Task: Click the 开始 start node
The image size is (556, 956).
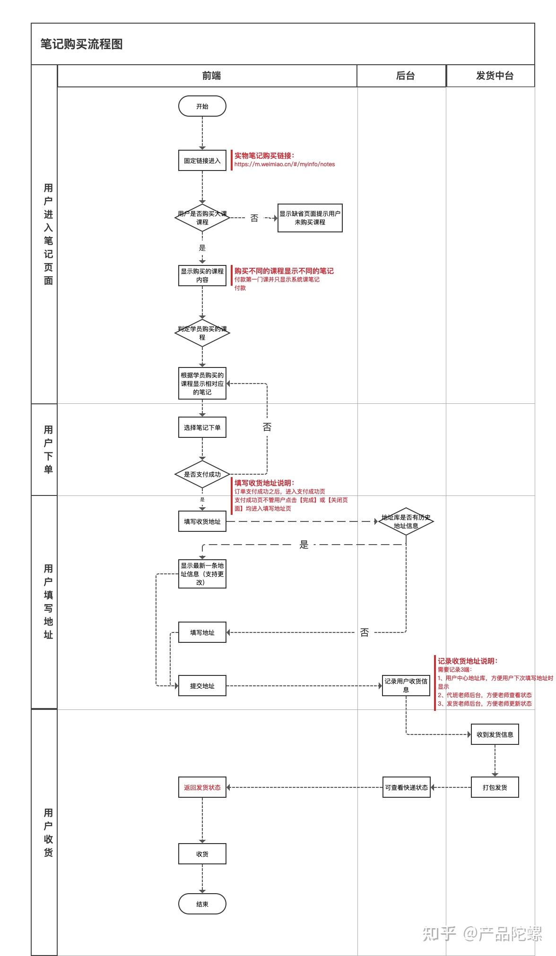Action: [x=202, y=106]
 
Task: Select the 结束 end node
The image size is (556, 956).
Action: [x=202, y=904]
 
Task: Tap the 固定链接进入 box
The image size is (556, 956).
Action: [x=202, y=161]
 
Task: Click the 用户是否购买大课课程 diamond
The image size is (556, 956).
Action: [x=202, y=218]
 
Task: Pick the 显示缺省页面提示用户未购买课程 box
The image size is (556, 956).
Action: [x=310, y=218]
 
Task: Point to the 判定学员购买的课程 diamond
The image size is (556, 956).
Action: [x=202, y=333]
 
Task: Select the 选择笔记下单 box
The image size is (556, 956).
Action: [x=202, y=427]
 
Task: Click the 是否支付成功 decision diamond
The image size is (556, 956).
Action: [x=202, y=474]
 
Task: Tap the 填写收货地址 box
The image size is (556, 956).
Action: [x=202, y=521]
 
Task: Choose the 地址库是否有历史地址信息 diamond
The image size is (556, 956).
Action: [x=406, y=521]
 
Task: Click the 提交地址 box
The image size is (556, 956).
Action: [x=202, y=686]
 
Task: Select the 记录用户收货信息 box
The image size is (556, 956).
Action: [x=406, y=686]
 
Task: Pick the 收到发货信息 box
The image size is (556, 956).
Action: [x=495, y=734]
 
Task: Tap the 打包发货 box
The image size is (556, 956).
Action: [x=495, y=787]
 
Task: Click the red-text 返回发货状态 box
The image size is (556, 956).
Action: [x=202, y=787]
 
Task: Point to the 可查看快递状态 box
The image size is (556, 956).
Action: [x=406, y=787]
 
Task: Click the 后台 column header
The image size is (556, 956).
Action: [x=405, y=76]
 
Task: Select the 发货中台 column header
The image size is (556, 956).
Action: [x=495, y=76]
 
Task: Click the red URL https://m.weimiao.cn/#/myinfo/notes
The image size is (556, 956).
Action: [x=285, y=164]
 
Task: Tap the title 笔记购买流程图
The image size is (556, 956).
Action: [x=81, y=44]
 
